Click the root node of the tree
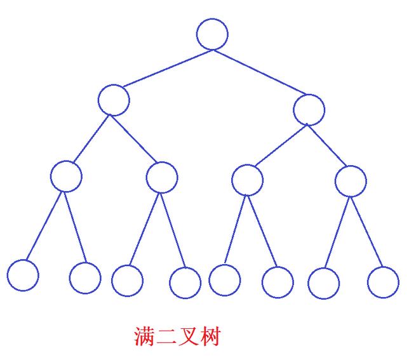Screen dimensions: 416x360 [x=212, y=34]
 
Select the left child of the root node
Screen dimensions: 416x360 [x=114, y=100]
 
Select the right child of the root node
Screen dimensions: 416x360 [x=309, y=110]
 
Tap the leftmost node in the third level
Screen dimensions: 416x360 [x=66, y=177]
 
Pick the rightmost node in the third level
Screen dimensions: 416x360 [x=351, y=181]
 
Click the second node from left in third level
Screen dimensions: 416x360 [x=162, y=178]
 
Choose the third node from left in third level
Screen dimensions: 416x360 [x=247, y=180]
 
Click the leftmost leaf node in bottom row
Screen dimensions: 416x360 [x=23, y=276]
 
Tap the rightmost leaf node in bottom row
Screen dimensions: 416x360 [x=383, y=283]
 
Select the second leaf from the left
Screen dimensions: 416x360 [x=85, y=277]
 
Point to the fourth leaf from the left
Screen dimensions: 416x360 [x=185, y=283]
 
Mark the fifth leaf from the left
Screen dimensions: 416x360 [x=225, y=280]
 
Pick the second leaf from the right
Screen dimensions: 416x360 [x=324, y=283]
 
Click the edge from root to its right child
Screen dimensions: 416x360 [x=260, y=72]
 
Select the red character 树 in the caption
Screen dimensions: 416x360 [x=210, y=337]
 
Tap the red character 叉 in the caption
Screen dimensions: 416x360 [x=188, y=337]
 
